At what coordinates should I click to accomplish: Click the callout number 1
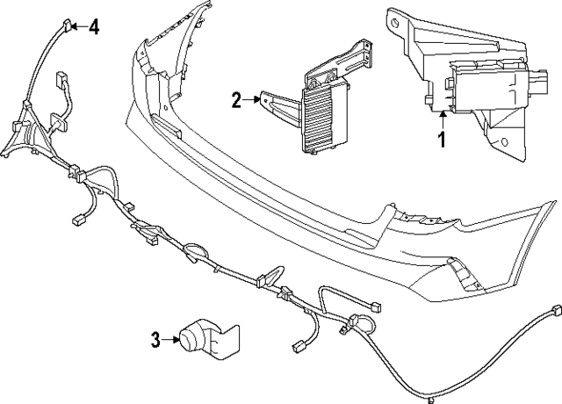pyautogui.click(x=443, y=139)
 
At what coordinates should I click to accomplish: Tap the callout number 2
pyautogui.click(x=236, y=100)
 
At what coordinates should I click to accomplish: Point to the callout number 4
pyautogui.click(x=93, y=26)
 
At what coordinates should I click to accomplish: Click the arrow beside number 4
pyautogui.click(x=77, y=26)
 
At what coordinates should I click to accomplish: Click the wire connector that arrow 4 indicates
pyautogui.click(x=67, y=26)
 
